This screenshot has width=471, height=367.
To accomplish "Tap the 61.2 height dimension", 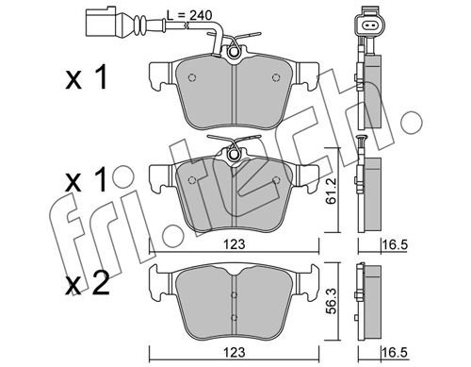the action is tap(331, 195).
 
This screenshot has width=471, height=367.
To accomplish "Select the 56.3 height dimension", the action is tap(331, 304).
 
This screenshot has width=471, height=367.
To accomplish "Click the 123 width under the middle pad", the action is tap(235, 244).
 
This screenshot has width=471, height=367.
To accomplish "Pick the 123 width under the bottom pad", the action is tap(235, 352).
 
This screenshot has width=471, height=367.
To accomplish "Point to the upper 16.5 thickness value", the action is tap(395, 244).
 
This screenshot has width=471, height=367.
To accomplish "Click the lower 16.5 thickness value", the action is tap(395, 352).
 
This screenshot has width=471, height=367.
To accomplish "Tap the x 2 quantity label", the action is tap(87, 283).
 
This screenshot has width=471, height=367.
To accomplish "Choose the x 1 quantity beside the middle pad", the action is tap(87, 179).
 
